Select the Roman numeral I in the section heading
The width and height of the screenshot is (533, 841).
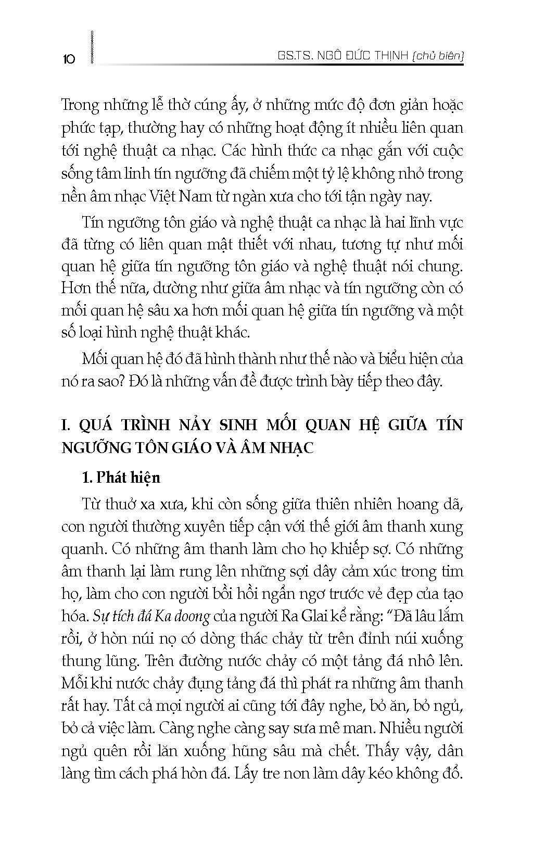(65, 425)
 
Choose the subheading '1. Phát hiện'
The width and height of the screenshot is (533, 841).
(121, 478)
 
